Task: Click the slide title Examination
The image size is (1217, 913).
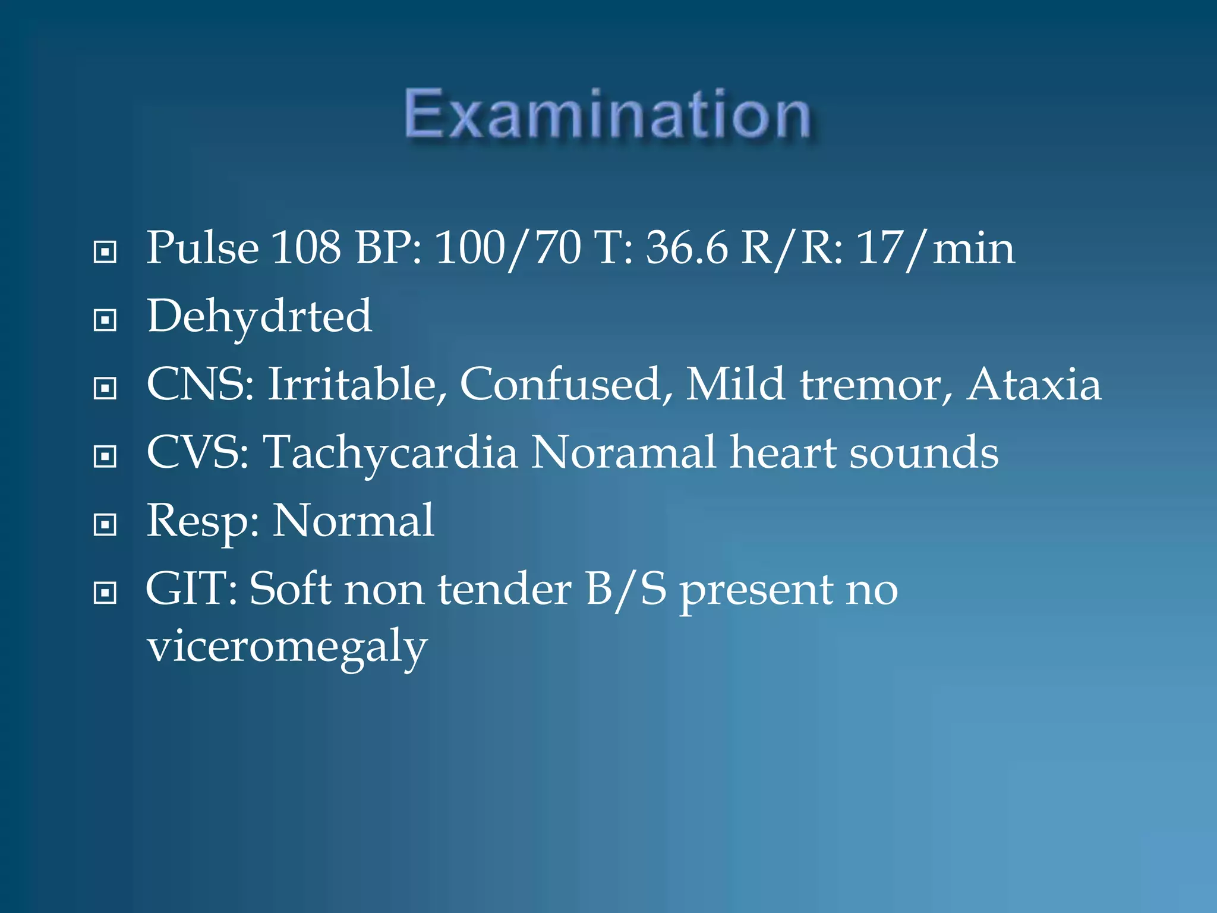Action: (607, 114)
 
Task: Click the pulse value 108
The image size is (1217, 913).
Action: (306, 248)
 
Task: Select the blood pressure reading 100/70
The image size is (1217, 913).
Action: (508, 248)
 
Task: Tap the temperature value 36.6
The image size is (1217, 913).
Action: (686, 248)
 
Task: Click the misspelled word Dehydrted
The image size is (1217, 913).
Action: (259, 317)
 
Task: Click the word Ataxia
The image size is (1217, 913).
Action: (1034, 385)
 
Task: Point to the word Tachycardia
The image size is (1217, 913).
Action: (391, 453)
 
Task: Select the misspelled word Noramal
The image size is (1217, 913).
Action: (623, 453)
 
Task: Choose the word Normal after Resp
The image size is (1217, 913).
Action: (353, 521)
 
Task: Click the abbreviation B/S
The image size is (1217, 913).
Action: (626, 590)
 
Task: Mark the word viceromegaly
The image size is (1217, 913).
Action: (287, 647)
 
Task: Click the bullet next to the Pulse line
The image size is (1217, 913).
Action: (105, 252)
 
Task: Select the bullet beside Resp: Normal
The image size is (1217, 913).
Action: (105, 525)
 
